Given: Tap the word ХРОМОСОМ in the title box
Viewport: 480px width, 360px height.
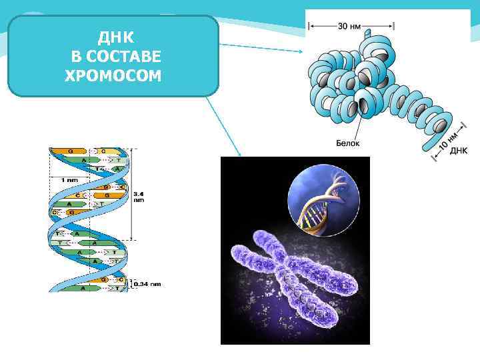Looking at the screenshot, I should coord(113,75).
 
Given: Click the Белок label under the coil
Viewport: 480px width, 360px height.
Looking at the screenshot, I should coord(349,143).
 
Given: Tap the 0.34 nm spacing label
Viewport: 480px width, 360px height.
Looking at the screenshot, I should coord(148,284).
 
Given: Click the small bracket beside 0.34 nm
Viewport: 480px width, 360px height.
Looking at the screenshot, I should coord(131,284).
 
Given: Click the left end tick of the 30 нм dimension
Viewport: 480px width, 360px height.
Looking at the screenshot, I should coord(309,27).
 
